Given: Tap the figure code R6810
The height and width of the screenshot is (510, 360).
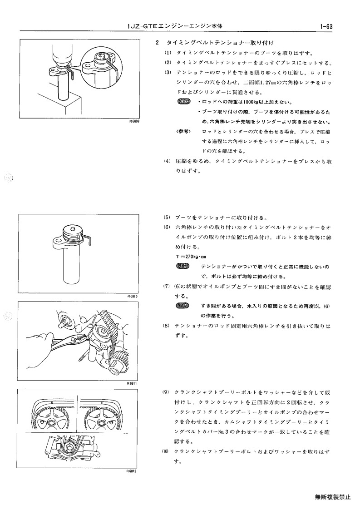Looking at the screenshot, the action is click(133, 296).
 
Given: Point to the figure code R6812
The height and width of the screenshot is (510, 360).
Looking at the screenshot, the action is click(131, 470).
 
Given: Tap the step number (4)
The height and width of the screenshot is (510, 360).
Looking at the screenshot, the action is click(167, 161).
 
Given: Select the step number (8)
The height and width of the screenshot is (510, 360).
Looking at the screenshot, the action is click(167, 326).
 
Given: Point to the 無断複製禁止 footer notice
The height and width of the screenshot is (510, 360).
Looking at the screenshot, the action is click(332, 497).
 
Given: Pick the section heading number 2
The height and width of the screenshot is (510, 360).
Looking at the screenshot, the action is click(158, 43).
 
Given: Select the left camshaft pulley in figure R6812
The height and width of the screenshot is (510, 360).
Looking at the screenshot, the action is click(51, 421).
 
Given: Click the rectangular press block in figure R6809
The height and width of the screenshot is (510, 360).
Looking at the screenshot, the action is click(58, 104).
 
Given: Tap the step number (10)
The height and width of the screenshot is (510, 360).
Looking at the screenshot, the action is click(166, 451).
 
